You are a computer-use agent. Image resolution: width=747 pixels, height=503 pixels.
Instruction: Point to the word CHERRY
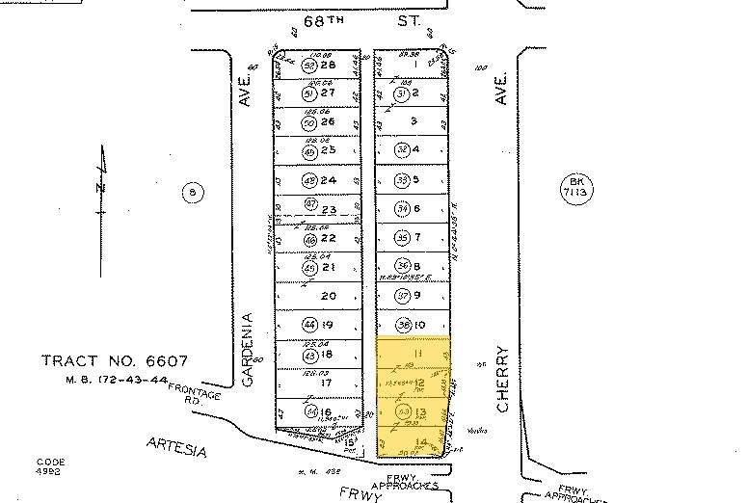pyautogui.click(x=502, y=380)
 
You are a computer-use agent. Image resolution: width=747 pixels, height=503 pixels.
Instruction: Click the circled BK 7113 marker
pyautogui.click(x=576, y=188)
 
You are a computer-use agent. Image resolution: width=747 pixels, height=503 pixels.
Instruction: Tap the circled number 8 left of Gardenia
pyautogui.click(x=193, y=193)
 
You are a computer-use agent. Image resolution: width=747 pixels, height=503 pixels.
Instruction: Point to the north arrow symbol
pyautogui.click(x=100, y=183)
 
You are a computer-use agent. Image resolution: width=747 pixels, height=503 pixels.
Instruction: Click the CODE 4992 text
pyautogui.click(x=51, y=466)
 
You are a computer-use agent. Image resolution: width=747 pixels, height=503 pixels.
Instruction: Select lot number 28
pyautogui.click(x=328, y=65)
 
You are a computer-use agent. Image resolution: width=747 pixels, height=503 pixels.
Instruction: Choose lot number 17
pyautogui.click(x=327, y=384)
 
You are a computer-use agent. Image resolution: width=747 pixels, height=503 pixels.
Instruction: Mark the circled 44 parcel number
pyautogui.click(x=309, y=325)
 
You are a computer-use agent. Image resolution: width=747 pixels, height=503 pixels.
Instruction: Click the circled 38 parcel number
pyautogui.click(x=403, y=325)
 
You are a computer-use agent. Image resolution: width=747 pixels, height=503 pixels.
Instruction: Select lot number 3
pyautogui.click(x=414, y=121)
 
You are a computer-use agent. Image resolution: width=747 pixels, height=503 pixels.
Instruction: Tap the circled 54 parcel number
pyautogui.click(x=309, y=413)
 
